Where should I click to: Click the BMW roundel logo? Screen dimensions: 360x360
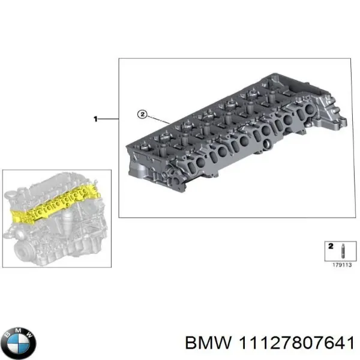pos(19,343)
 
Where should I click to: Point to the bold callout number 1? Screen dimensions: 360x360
pos(95,119)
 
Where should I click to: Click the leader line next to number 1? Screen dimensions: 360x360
pos(109,119)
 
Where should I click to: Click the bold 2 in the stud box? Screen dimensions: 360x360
pos(329,245)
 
